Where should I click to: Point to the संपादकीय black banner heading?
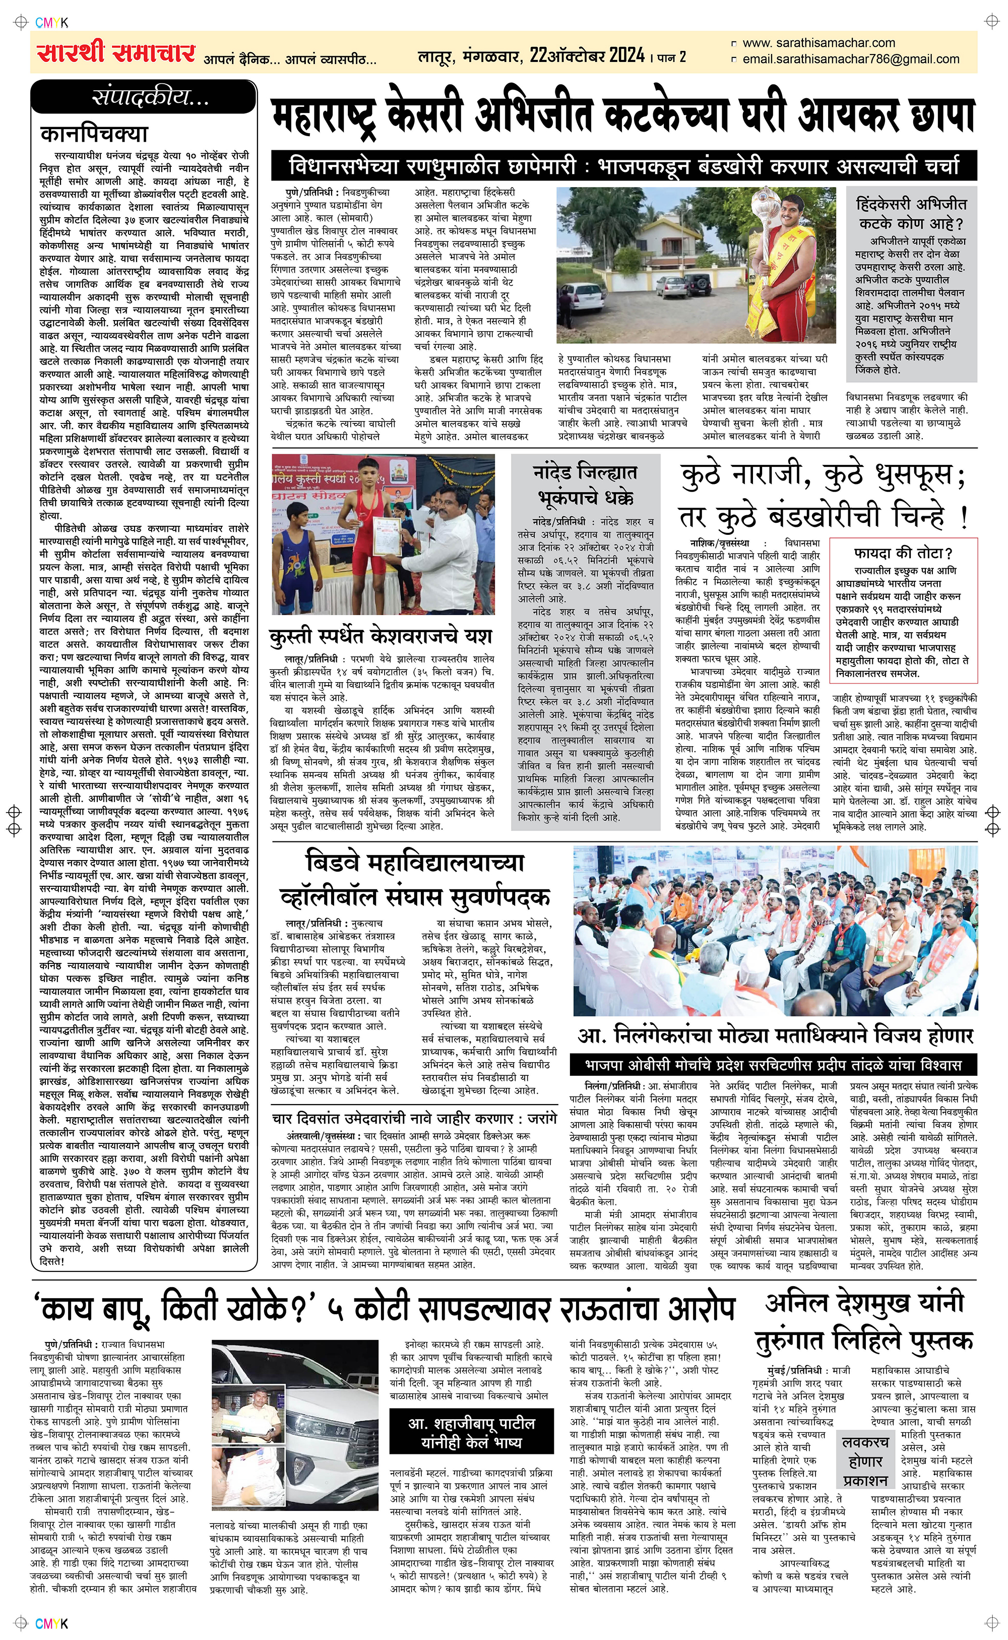pyautogui.click(x=144, y=97)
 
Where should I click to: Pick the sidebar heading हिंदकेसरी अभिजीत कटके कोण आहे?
pyautogui.click(x=911, y=213)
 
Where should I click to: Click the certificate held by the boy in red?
pyautogui.click(x=385, y=535)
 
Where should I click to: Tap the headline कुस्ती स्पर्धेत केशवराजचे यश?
pyautogui.click(x=381, y=636)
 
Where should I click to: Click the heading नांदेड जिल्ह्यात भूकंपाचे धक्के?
pyautogui.click(x=585, y=484)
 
